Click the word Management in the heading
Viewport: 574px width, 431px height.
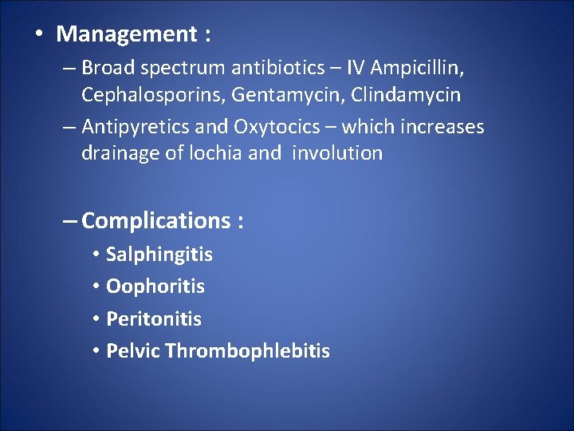[x=126, y=34]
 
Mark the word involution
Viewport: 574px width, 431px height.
[x=337, y=153]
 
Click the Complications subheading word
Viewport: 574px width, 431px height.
[x=155, y=220]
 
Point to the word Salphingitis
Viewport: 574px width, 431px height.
[x=159, y=255]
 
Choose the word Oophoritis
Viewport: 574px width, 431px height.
[x=155, y=286]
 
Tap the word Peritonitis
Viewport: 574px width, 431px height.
[x=154, y=318]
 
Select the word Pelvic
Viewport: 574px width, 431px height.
[x=133, y=350]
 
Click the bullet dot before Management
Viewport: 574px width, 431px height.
[x=38, y=35]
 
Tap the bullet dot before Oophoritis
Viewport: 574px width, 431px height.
[x=95, y=287]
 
